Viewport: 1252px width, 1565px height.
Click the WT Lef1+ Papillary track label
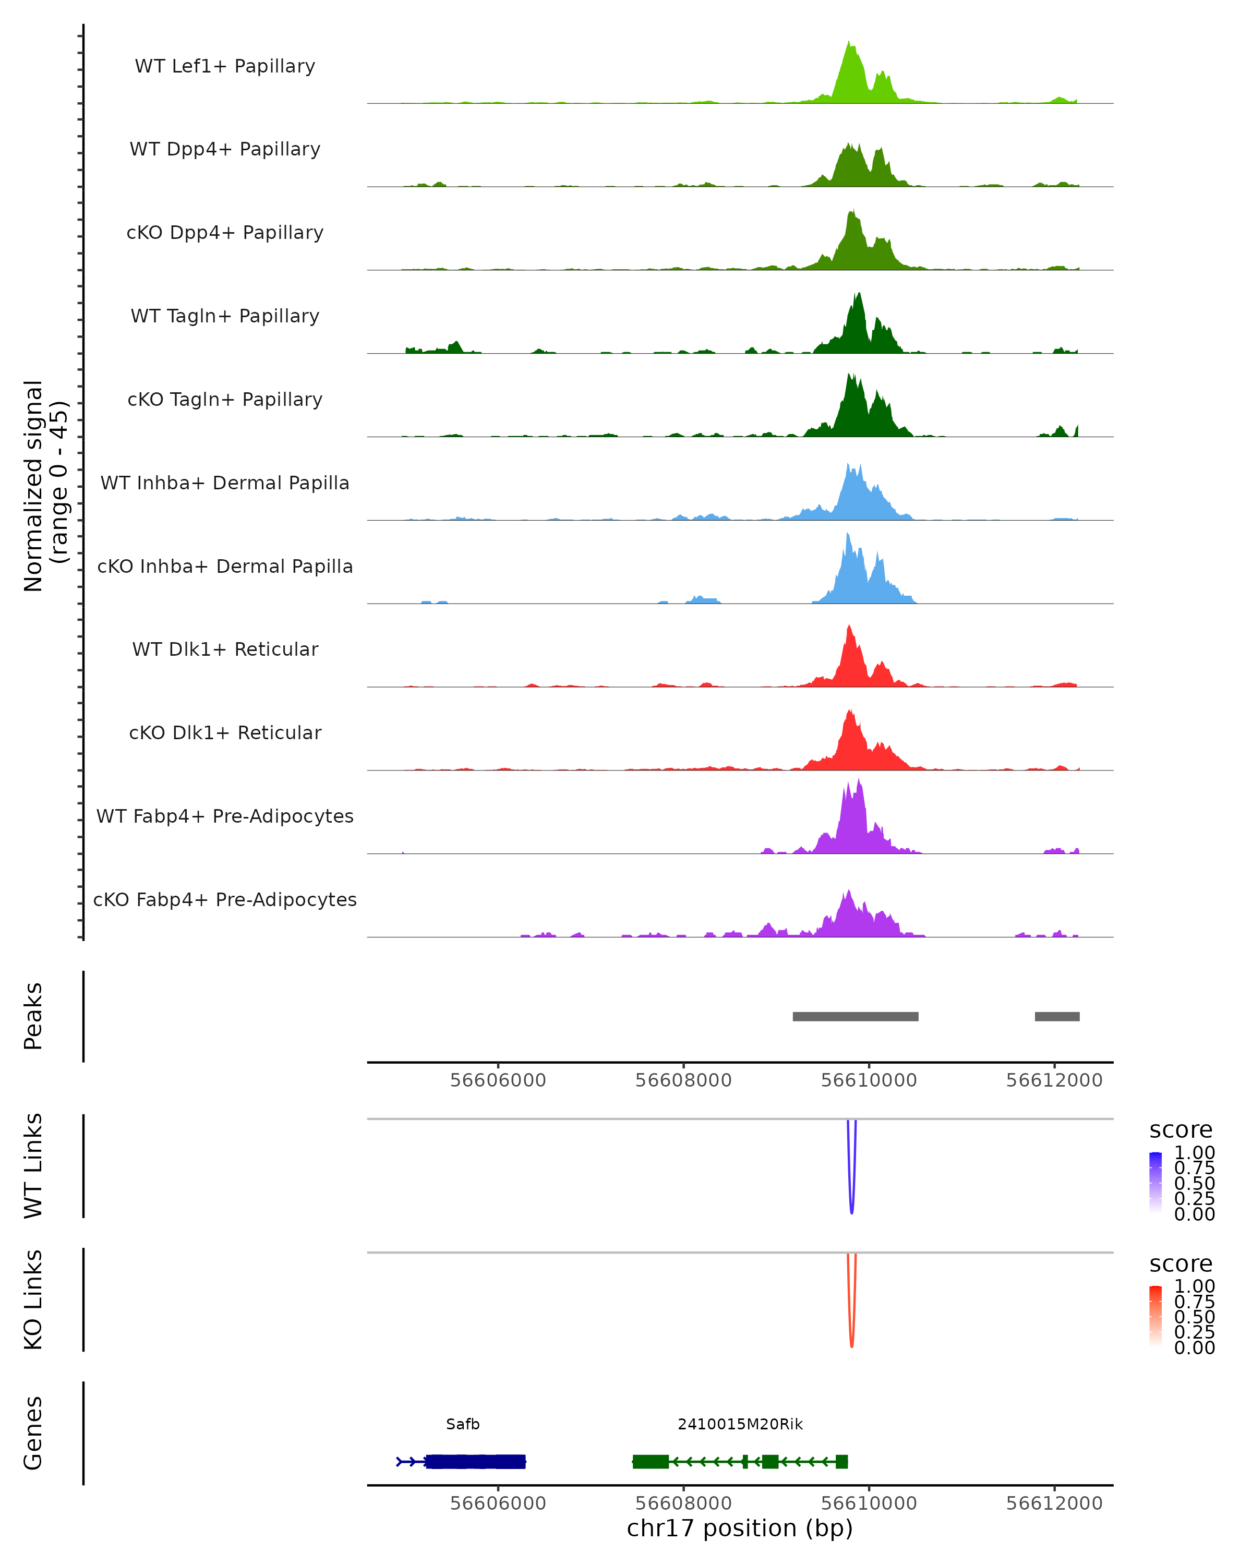coord(225,66)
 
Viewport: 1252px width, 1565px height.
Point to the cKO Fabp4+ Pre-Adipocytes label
coord(225,899)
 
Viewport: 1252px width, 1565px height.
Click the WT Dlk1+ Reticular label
coord(225,649)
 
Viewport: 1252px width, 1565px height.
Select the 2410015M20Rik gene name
coord(740,1424)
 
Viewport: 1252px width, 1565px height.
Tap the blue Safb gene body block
coord(475,1461)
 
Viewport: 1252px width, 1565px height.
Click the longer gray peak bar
coord(855,1016)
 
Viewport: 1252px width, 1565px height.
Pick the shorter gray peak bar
coord(1057,1016)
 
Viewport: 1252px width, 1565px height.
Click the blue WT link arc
coord(851,1211)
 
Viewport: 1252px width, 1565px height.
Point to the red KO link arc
coord(851,1344)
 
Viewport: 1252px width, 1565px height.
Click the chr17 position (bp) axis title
coord(740,1528)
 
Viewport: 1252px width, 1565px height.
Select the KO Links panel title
coord(33,1299)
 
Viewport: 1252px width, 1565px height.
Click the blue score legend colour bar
coord(1155,1183)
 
